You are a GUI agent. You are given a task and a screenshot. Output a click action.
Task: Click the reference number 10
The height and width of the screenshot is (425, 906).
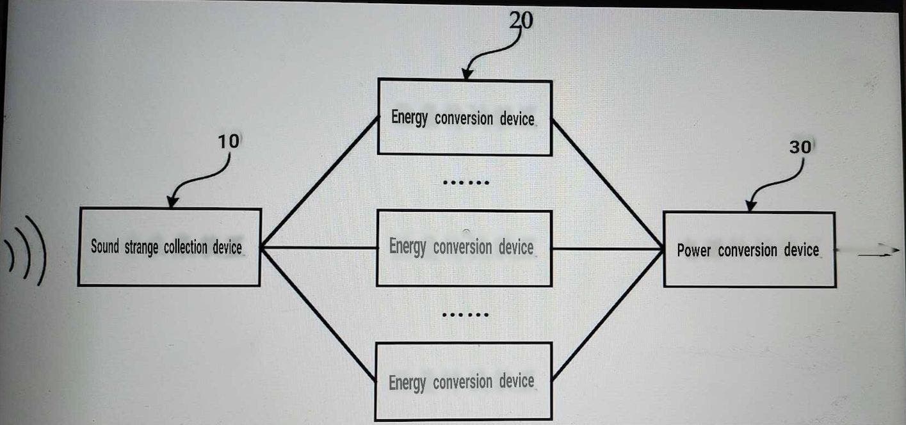point(228,141)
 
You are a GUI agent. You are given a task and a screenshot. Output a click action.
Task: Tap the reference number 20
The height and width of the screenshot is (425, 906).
point(521,20)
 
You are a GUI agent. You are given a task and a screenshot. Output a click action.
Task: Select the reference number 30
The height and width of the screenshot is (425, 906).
point(799,147)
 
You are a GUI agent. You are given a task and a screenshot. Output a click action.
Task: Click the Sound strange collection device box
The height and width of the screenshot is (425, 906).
point(169,247)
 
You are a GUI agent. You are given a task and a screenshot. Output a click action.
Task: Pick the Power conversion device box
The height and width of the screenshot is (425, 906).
point(749,250)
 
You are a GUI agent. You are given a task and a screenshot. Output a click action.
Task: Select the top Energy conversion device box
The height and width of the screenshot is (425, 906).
point(464,117)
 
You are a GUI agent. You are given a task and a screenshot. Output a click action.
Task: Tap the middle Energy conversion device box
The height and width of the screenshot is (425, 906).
point(464,248)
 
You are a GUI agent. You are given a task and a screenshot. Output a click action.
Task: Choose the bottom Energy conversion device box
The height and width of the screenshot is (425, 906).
point(464,382)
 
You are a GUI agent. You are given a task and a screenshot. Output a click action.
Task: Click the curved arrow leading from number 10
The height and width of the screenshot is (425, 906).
point(198,181)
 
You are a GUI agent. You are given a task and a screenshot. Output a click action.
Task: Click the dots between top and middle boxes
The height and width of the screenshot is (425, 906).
point(465,182)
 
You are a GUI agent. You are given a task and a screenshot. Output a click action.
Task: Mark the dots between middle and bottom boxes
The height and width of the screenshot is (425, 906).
point(465,314)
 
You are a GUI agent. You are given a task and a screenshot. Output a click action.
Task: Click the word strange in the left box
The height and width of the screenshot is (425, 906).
point(141,247)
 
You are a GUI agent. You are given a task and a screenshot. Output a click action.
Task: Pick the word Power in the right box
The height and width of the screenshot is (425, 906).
point(693,250)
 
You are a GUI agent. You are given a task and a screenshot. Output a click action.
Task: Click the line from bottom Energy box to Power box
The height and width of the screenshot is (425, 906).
point(607,315)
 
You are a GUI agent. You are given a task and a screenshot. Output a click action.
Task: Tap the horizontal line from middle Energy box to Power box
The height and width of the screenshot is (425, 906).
point(607,248)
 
